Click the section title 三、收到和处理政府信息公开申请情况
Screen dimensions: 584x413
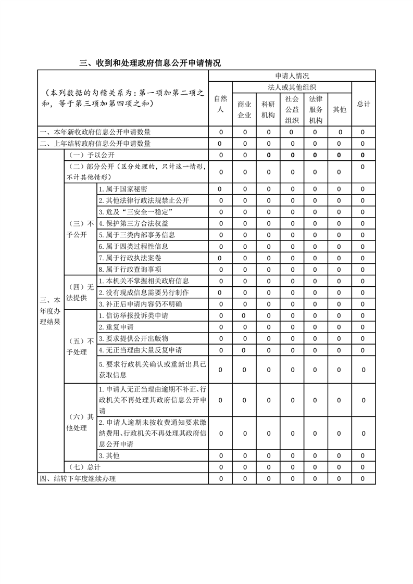click(150, 64)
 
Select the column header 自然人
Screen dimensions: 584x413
click(220, 104)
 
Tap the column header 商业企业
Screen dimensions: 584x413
click(244, 109)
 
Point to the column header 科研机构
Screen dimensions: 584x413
click(268, 109)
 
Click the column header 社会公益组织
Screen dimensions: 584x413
click(292, 109)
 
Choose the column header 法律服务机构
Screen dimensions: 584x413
click(316, 109)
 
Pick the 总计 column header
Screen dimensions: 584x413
click(363, 104)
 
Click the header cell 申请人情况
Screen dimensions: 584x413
click(292, 76)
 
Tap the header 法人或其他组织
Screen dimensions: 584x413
click(292, 87)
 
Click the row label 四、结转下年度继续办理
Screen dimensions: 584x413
click(78, 478)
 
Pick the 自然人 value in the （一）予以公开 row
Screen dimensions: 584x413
click(221, 155)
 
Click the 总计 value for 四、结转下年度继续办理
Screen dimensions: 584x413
click(363, 478)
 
